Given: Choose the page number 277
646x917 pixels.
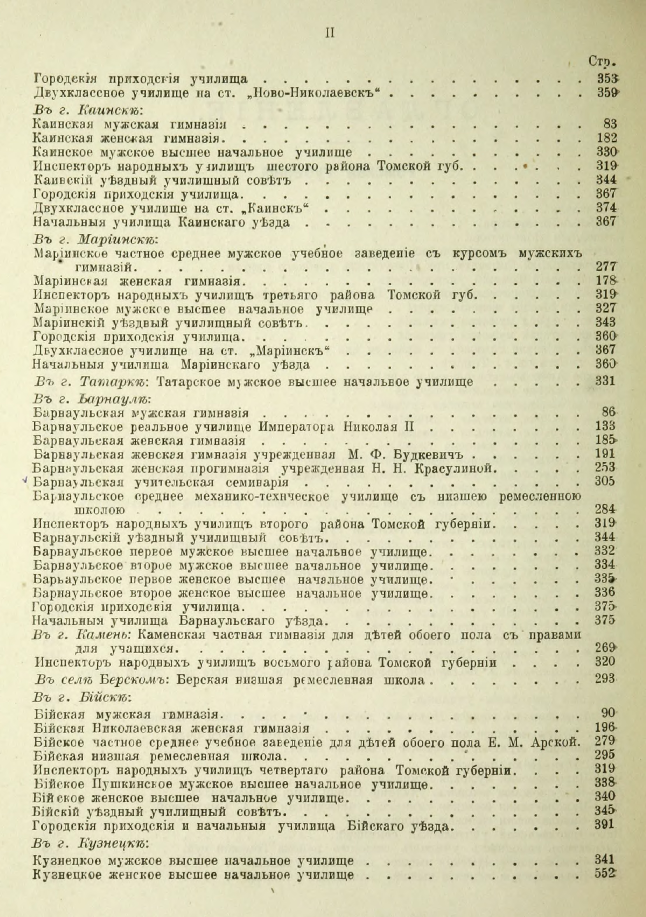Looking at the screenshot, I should coord(604,267).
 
